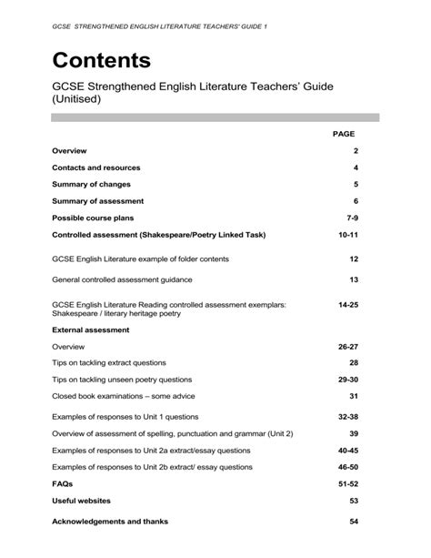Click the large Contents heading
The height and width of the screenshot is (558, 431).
click(102, 61)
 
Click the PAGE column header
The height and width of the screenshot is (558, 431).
click(344, 134)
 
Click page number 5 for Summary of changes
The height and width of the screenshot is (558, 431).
click(356, 185)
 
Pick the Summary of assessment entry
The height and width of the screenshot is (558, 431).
click(98, 201)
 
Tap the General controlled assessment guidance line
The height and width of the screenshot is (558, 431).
click(127, 279)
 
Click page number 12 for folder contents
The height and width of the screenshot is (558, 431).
click(354, 259)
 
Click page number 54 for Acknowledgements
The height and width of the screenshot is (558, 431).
click(354, 522)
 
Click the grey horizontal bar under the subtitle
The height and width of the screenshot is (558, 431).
click(215, 117)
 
